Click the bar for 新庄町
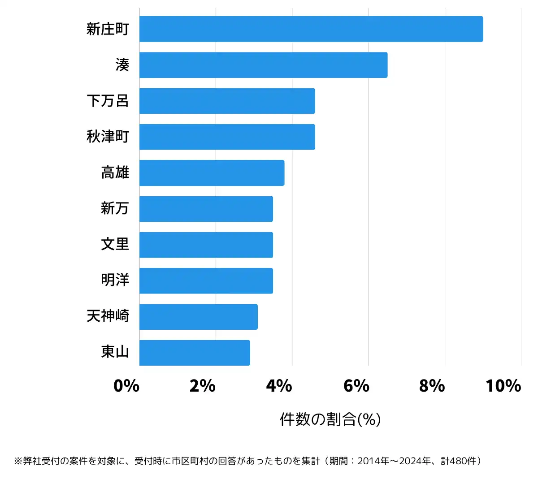311,29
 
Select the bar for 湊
263,65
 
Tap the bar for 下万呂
227,101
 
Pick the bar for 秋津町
227,137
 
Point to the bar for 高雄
212,173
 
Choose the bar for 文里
206,245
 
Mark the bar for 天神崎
198,317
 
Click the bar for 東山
195,353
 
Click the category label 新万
115,208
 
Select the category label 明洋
115,280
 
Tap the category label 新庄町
108,29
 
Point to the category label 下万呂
108,101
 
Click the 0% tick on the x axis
126,386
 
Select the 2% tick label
203,386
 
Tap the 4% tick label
279,386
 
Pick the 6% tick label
356,386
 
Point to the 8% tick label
432,386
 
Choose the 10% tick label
503,386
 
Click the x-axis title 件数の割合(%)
330,419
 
